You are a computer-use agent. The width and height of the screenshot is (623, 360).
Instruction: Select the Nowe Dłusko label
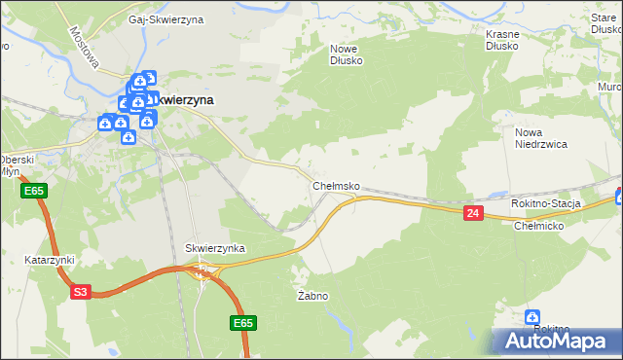[347, 54]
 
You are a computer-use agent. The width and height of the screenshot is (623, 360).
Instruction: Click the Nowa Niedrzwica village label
[540, 138]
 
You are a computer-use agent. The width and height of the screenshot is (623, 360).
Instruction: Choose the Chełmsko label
[337, 185]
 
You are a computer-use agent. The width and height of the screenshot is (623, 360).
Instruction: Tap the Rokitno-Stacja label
[546, 203]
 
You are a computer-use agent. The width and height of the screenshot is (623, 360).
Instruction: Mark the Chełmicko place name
[539, 226]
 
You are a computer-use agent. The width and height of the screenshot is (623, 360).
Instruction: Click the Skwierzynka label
[214, 249]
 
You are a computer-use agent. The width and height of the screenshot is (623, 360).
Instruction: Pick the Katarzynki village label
[50, 261]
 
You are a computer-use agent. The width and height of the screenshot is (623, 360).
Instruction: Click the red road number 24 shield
[473, 213]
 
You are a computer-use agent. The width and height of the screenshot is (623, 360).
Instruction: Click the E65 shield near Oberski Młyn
[33, 192]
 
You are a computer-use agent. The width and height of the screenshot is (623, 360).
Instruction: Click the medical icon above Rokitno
[532, 317]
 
